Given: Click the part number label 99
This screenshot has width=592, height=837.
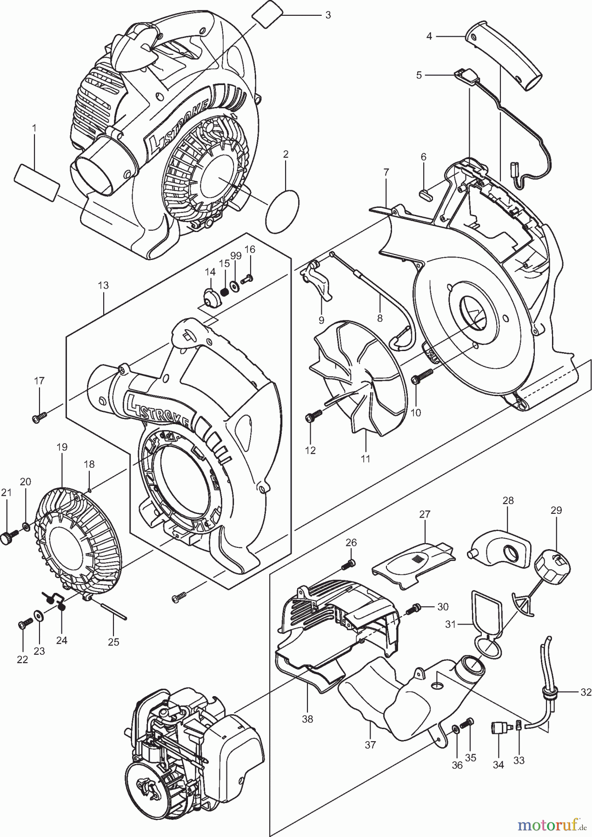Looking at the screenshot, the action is point(236,256).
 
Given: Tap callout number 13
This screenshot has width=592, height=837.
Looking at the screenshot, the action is point(103,285).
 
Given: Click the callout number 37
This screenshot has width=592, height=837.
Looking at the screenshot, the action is point(370,745).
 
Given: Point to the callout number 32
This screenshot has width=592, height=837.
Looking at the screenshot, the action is point(585,691).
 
